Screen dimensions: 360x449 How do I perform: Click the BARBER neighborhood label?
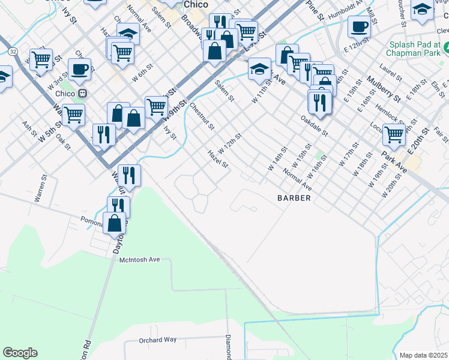click(x=294, y=198)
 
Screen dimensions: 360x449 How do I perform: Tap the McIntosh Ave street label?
click(x=140, y=259)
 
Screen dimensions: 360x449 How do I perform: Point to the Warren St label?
click(x=41, y=188)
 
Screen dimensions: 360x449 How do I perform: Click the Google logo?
click(x=20, y=353)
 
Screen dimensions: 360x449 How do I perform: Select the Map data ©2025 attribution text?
click(x=424, y=355)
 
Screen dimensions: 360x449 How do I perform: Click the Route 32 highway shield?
click(x=13, y=52)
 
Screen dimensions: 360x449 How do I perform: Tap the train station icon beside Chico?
click(x=82, y=93)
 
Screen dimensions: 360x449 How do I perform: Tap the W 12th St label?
click(x=230, y=144)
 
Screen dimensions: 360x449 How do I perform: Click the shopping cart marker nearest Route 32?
click(x=41, y=59)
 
